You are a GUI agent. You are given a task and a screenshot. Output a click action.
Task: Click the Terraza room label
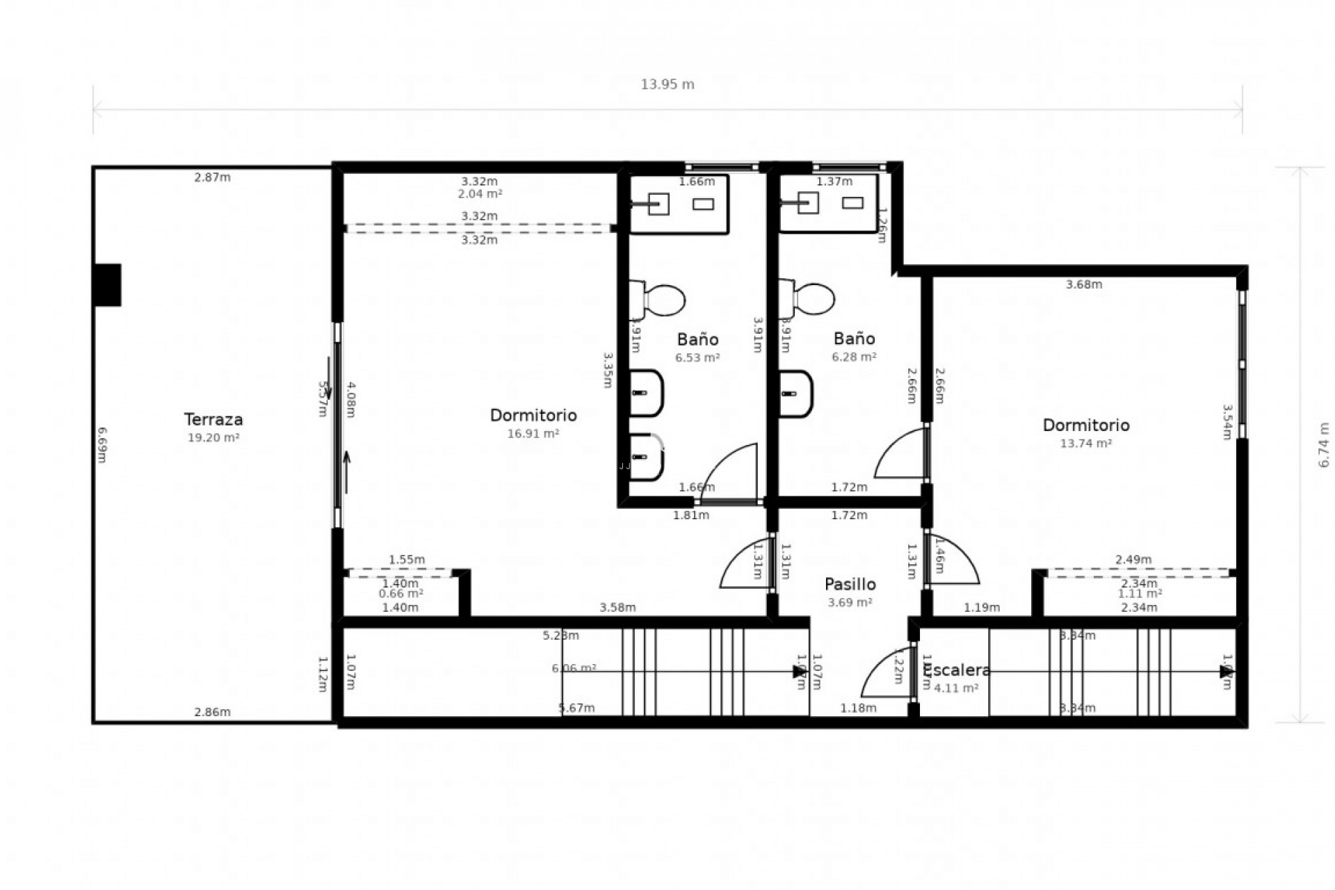(x=213, y=419)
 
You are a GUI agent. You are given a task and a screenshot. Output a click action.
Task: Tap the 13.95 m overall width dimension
(x=667, y=85)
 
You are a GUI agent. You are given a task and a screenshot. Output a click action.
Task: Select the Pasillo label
(x=850, y=584)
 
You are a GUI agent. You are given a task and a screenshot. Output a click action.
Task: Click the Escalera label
(x=958, y=670)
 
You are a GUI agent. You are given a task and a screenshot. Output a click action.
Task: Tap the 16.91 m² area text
(x=533, y=434)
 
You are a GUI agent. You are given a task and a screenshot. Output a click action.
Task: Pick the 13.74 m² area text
(x=1085, y=444)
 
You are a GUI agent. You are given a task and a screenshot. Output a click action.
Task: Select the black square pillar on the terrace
(x=108, y=284)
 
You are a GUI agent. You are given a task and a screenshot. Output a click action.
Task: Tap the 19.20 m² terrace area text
(x=213, y=438)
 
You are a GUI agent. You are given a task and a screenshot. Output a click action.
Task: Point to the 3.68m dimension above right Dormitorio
(x=1084, y=284)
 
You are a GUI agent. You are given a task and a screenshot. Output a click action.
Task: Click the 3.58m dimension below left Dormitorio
(x=617, y=608)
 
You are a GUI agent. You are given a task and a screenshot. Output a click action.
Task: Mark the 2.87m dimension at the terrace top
(x=212, y=177)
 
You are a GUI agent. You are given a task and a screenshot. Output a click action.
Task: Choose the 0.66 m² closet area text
(x=400, y=594)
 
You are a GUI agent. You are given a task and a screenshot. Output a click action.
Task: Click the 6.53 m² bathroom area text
(x=697, y=358)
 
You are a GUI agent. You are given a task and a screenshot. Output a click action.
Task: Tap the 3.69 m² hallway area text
(x=850, y=603)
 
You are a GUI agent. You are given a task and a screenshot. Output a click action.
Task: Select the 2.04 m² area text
(x=480, y=195)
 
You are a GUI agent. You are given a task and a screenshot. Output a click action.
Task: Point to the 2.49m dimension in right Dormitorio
(x=1133, y=560)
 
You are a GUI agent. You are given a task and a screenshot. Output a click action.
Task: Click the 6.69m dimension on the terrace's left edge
(x=102, y=445)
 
